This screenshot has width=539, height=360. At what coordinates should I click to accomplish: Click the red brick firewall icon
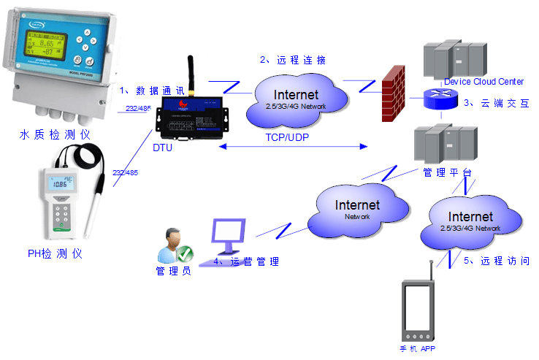(394, 93)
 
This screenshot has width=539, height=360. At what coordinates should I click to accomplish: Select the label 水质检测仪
(56, 134)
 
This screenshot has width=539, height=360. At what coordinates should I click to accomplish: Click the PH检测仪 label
(55, 253)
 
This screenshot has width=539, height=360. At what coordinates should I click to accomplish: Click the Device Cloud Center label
(483, 82)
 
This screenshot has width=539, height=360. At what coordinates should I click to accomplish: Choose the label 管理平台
(447, 173)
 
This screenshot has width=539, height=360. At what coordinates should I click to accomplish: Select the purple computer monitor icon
(232, 232)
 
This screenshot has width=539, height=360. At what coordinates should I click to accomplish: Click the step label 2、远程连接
(293, 59)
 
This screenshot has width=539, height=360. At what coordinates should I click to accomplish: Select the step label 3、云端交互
(496, 103)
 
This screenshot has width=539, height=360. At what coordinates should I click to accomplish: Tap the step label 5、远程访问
(496, 261)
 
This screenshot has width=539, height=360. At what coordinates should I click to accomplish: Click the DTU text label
(162, 148)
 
